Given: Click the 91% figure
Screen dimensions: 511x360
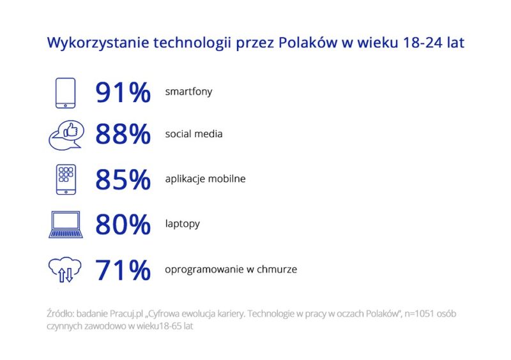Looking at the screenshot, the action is click(x=123, y=93).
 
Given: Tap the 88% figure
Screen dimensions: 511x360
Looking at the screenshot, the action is click(x=123, y=134).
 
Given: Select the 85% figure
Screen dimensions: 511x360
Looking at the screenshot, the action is click(x=123, y=179).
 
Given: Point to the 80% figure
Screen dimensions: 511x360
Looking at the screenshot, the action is click(x=123, y=224).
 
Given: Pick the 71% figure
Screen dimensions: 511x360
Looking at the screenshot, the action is click(x=123, y=269).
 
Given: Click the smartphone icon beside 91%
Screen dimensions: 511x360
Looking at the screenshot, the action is click(x=66, y=93).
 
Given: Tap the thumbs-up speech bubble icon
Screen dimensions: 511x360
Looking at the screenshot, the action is click(x=66, y=135).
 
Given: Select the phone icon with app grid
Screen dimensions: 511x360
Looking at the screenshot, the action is click(x=66, y=179).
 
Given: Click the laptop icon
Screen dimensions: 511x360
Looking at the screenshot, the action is click(x=66, y=225).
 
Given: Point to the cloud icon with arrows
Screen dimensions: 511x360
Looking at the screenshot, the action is click(x=65, y=269).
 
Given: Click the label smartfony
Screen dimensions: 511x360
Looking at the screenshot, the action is click(x=188, y=92).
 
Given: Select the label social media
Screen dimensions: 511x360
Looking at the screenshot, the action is click(x=194, y=134).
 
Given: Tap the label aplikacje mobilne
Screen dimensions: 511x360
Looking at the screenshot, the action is click(x=205, y=179).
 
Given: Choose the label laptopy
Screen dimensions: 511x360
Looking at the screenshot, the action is click(x=183, y=224).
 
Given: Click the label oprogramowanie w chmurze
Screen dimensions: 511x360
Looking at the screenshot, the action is click(x=231, y=269).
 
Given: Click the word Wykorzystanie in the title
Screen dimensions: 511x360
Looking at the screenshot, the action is click(x=98, y=43).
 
